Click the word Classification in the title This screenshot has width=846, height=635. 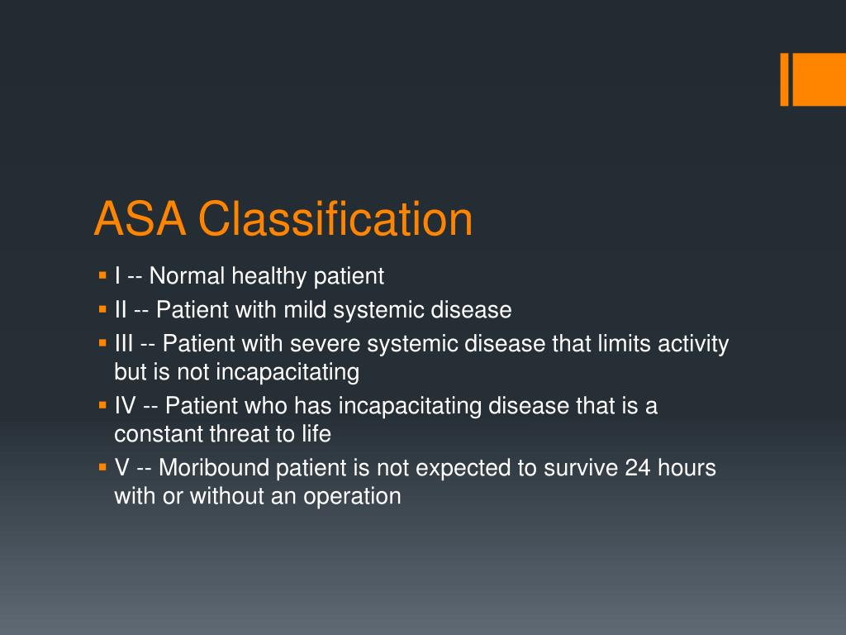coord(335,220)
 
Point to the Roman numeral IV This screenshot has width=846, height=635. coord(126,406)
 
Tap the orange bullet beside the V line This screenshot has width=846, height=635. coord(102,466)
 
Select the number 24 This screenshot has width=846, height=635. coord(638,468)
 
